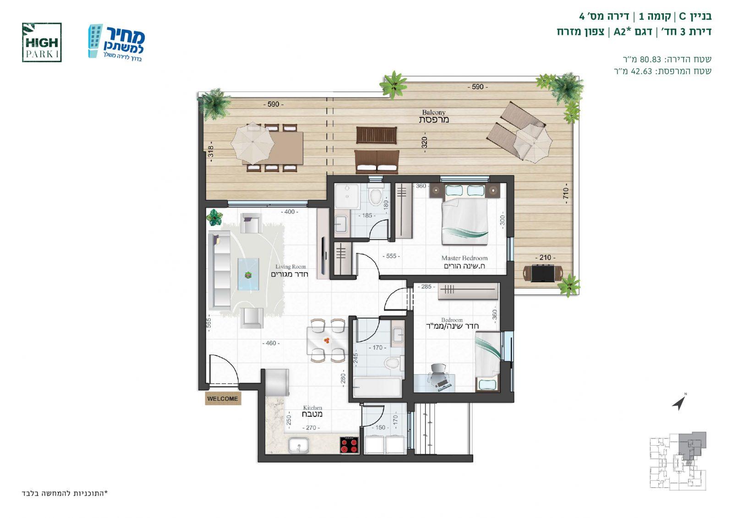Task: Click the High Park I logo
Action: tap(42, 42)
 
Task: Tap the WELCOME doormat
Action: tap(223, 398)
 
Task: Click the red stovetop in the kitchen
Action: tap(349, 445)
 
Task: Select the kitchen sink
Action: tap(298, 446)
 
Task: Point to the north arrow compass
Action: tap(680, 402)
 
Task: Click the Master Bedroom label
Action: tap(465, 262)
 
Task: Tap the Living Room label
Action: tap(290, 271)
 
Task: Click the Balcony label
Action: tap(434, 116)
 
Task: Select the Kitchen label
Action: tap(312, 411)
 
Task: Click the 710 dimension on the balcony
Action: tap(565, 196)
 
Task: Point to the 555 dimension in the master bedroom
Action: tap(391, 256)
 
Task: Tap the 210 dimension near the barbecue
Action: tap(545, 257)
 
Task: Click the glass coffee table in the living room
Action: tap(248, 274)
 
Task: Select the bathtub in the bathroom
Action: tap(377, 387)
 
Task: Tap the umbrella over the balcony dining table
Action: tap(252, 144)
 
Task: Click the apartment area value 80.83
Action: tap(650, 59)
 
